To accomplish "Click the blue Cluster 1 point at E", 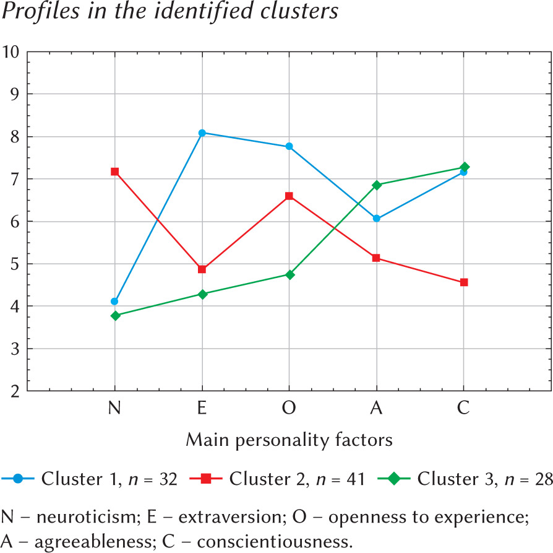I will click(202, 133).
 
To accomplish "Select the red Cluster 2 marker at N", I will click(114, 172).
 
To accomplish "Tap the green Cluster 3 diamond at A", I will click(377, 185).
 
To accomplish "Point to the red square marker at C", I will click(464, 282).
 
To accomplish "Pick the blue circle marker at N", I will click(114, 302).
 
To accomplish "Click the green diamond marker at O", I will click(289, 274).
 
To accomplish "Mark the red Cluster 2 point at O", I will click(289, 196).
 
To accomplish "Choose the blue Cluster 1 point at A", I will click(377, 219).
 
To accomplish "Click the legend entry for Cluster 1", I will click(90, 479).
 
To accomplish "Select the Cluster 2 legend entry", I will click(281, 479).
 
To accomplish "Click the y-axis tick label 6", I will click(14, 221).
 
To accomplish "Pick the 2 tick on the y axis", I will click(14, 391).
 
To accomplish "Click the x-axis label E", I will click(202, 409).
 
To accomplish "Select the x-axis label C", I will click(464, 409).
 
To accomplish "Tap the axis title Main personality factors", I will click(289, 440).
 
